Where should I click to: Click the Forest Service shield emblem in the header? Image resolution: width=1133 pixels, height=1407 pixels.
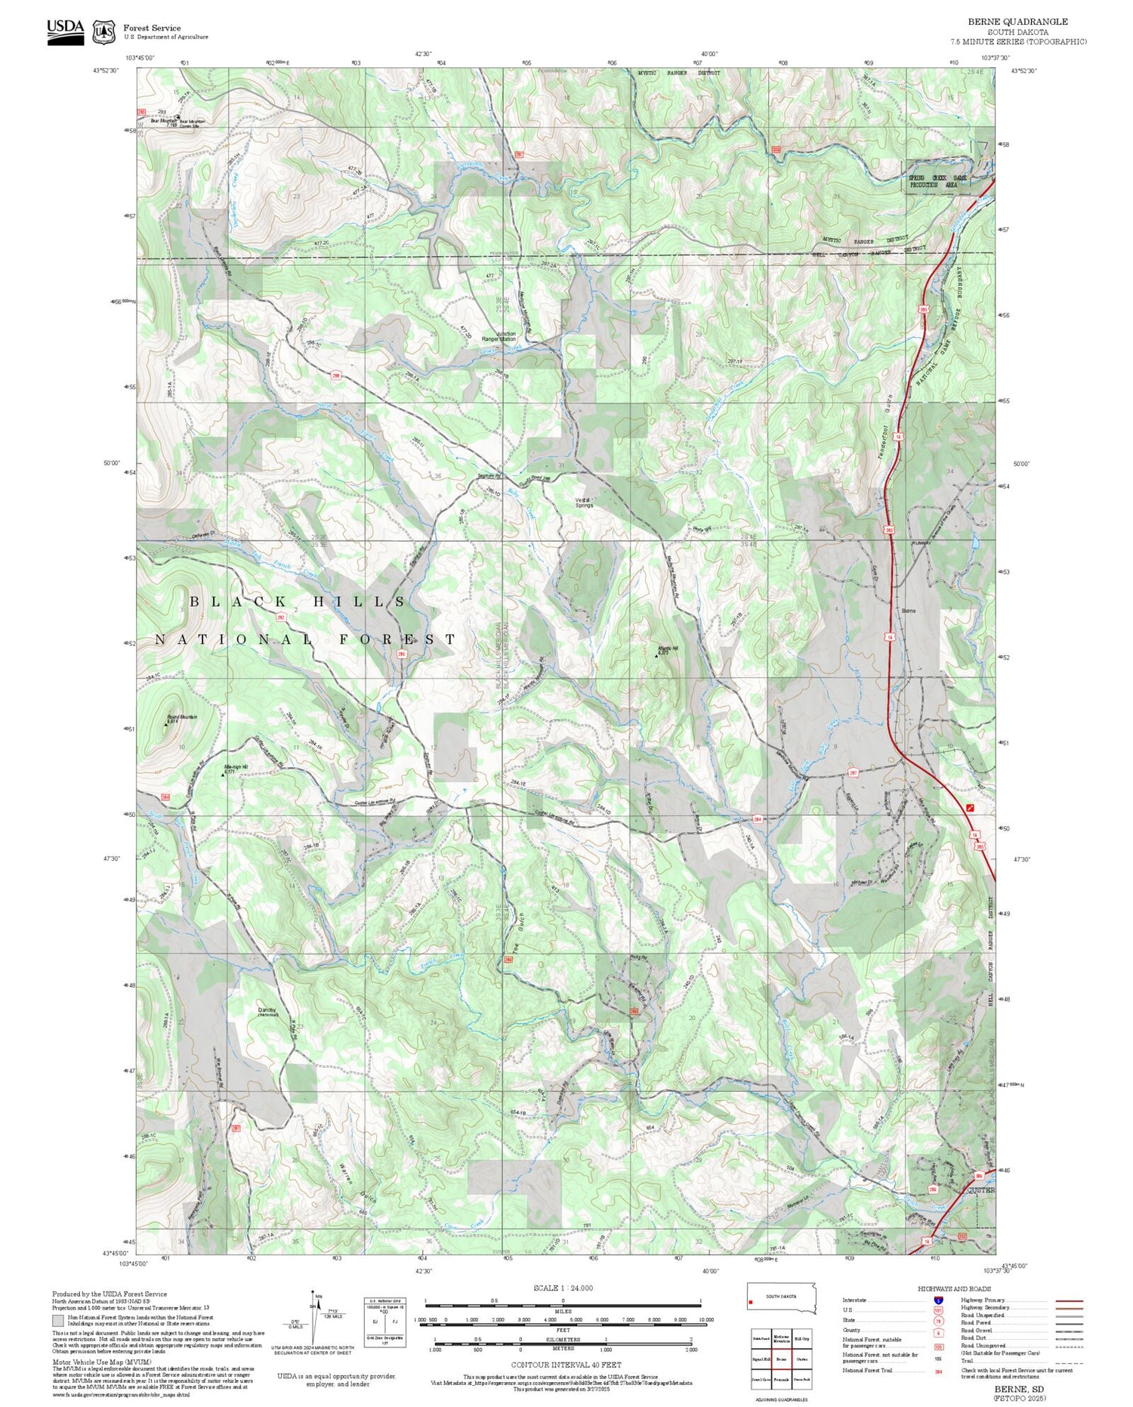(x=103, y=32)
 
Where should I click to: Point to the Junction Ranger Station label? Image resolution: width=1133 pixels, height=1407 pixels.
(x=499, y=336)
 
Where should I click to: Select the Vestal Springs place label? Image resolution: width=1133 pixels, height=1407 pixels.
(x=584, y=502)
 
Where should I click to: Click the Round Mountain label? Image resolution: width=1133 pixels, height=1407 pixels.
(x=181, y=717)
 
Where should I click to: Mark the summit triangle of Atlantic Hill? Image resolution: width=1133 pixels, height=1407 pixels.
(x=656, y=655)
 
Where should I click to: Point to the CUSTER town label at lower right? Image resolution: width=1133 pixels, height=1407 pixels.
(x=981, y=1190)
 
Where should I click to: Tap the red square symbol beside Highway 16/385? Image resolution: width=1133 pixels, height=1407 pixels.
(x=971, y=808)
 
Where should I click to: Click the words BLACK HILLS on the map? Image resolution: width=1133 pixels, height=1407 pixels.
(x=298, y=601)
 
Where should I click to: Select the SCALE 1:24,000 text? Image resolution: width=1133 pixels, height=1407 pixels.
(x=563, y=1288)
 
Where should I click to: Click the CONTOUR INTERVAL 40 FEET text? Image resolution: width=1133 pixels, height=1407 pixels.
(x=566, y=1365)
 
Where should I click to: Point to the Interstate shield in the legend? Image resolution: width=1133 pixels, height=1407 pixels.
(x=939, y=1300)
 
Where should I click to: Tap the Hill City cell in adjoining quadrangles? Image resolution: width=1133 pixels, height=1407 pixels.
(x=802, y=1339)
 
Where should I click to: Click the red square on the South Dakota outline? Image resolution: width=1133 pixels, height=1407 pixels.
(x=751, y=1302)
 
